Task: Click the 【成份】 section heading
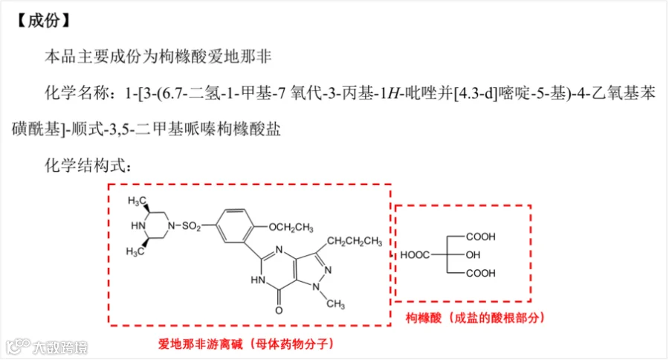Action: [43, 20]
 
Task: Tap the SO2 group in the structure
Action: [191, 226]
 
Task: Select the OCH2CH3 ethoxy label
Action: [291, 228]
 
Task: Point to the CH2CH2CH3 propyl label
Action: [355, 242]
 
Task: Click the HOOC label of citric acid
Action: [415, 255]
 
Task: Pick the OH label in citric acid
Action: [473, 255]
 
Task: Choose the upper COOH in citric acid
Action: [481, 237]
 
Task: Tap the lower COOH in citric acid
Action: [481, 273]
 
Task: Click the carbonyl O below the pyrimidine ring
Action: [279, 310]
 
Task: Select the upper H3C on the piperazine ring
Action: [137, 201]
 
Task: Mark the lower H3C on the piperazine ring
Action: [135, 251]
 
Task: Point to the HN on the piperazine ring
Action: [138, 225]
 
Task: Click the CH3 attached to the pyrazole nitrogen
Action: [335, 304]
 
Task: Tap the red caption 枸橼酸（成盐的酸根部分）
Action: [475, 318]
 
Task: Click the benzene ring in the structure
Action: [235, 226]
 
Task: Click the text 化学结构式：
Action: [88, 165]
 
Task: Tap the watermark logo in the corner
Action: [19, 346]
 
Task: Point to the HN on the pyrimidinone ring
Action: [258, 280]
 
